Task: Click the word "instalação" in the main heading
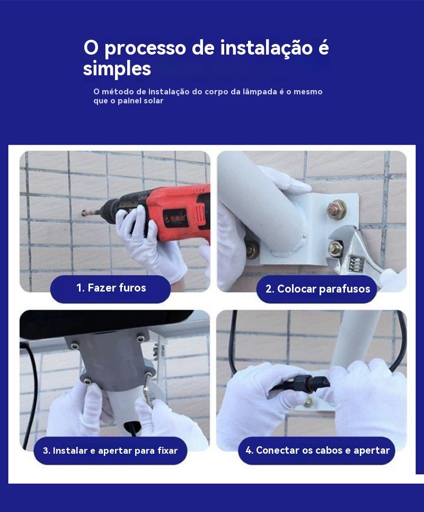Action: [267, 48]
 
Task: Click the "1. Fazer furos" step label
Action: [111, 288]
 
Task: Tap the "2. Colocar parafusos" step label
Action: [317, 289]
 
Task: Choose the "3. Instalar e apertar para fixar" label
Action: [110, 451]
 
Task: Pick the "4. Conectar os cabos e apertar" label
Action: [317, 451]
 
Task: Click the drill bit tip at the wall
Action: [84, 214]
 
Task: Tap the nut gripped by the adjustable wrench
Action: [336, 249]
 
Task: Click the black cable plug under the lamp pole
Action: [132, 427]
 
